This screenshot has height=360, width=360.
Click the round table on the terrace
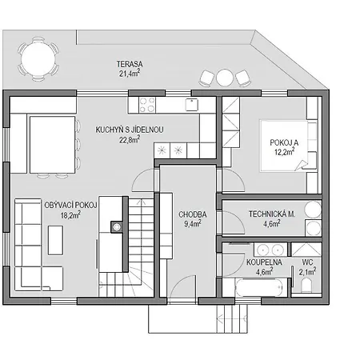(x=38, y=59)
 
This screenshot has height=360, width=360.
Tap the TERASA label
(x=130, y=64)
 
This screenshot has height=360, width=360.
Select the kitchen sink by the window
(x=192, y=104)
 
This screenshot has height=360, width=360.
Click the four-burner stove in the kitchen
(x=147, y=105)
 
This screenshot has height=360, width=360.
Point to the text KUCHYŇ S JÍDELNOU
(x=130, y=130)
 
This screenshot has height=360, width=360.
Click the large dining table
(x=53, y=145)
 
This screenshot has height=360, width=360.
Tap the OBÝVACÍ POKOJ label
(x=70, y=206)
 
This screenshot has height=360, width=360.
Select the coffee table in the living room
(x=56, y=240)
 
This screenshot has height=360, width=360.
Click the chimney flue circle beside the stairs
(x=117, y=227)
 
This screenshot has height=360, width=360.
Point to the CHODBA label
(x=193, y=214)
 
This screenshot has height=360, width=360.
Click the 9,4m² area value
(x=193, y=224)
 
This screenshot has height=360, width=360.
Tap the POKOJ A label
(x=284, y=142)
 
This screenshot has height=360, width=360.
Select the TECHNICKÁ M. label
(x=272, y=214)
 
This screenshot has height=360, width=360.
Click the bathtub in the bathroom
(x=259, y=287)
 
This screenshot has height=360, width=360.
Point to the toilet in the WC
(x=306, y=286)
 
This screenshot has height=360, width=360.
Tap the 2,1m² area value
(x=307, y=272)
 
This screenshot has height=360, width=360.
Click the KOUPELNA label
(x=264, y=262)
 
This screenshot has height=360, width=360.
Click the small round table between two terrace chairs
(x=225, y=78)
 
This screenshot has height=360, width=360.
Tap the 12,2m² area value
(x=285, y=152)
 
